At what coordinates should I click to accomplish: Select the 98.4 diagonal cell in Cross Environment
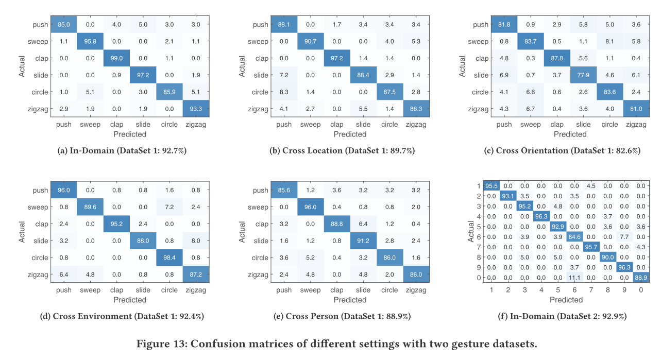coord(169,258)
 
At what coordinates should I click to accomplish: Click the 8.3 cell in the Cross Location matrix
coord(284,92)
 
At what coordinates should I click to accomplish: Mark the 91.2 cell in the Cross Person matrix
coord(363,241)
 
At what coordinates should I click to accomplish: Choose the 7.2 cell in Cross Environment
coord(169,207)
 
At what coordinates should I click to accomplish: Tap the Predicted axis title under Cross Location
coord(350,134)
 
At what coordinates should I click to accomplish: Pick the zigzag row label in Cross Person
coord(258,275)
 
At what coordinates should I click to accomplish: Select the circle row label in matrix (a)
coord(39,92)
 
